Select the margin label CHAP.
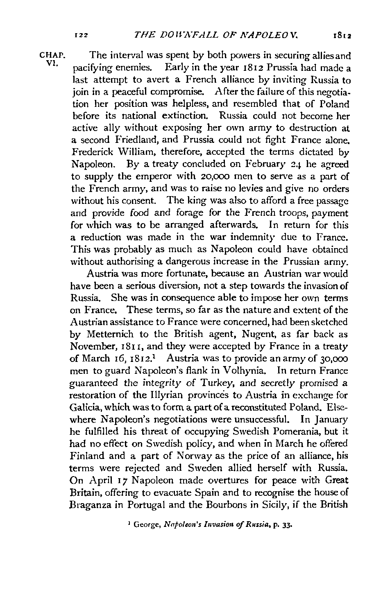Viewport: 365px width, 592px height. click(51, 55)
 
